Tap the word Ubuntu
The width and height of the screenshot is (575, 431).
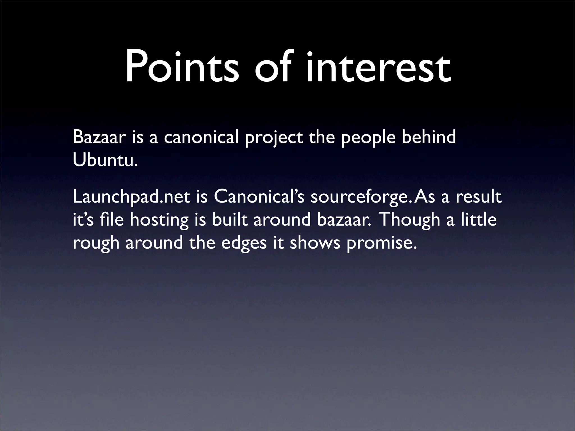105,161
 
